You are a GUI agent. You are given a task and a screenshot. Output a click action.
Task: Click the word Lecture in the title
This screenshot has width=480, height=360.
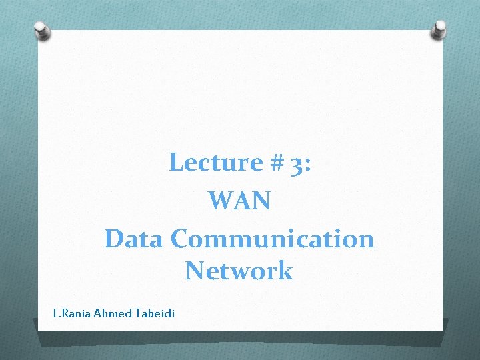pos(207,162)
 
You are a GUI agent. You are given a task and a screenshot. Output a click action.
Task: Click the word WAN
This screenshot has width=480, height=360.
pos(239,200)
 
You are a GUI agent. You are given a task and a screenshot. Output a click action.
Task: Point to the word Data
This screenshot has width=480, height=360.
pos(134,238)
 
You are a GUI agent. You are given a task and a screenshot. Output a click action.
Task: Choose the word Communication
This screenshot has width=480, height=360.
pos(273,238)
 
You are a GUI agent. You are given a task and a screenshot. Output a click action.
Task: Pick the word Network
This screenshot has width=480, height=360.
pos(239,271)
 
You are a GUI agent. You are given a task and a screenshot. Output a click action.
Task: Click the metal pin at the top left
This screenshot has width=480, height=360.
pos(42,29)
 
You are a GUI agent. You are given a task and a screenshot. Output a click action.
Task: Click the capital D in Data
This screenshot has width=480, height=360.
pos(113,238)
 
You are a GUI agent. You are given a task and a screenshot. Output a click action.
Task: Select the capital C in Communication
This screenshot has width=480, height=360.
pos(181,238)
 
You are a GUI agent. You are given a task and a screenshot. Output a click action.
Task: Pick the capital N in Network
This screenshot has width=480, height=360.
pos(195,271)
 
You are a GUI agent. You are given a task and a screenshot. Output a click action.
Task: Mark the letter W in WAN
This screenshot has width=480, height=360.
pos(219,200)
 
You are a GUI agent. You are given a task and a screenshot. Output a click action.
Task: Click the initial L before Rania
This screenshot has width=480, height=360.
pos(55,313)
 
